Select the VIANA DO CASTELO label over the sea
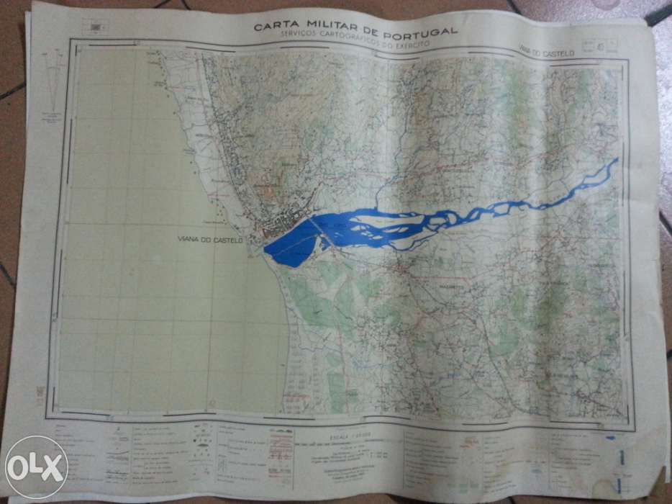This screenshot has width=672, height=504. pos(211,238)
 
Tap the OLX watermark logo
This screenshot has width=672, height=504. pos(34,467)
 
